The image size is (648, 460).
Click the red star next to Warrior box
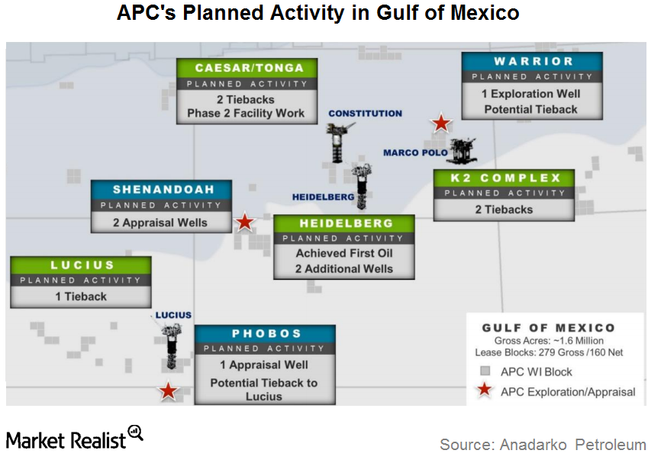(441, 123)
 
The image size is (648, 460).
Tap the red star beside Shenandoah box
(245, 222)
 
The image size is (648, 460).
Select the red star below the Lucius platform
(168, 391)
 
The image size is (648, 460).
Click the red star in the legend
(485, 389)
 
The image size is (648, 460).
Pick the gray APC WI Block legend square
(485, 371)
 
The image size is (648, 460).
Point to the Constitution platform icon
(339, 142)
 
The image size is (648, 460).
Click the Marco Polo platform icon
(463, 150)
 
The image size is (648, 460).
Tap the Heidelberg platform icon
(362, 186)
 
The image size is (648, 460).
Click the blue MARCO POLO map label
(415, 153)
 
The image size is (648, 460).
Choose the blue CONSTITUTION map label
(366, 114)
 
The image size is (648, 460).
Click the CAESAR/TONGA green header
(247, 68)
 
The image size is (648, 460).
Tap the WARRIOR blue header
(532, 62)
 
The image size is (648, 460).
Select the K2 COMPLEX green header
(505, 178)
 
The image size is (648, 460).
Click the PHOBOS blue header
(265, 333)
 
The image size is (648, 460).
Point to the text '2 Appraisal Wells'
(160, 223)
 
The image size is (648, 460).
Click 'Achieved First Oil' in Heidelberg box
(344, 253)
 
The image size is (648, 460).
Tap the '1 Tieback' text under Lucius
(81, 297)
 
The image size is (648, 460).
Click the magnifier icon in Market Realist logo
(136, 433)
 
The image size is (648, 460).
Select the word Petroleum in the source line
(611, 445)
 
